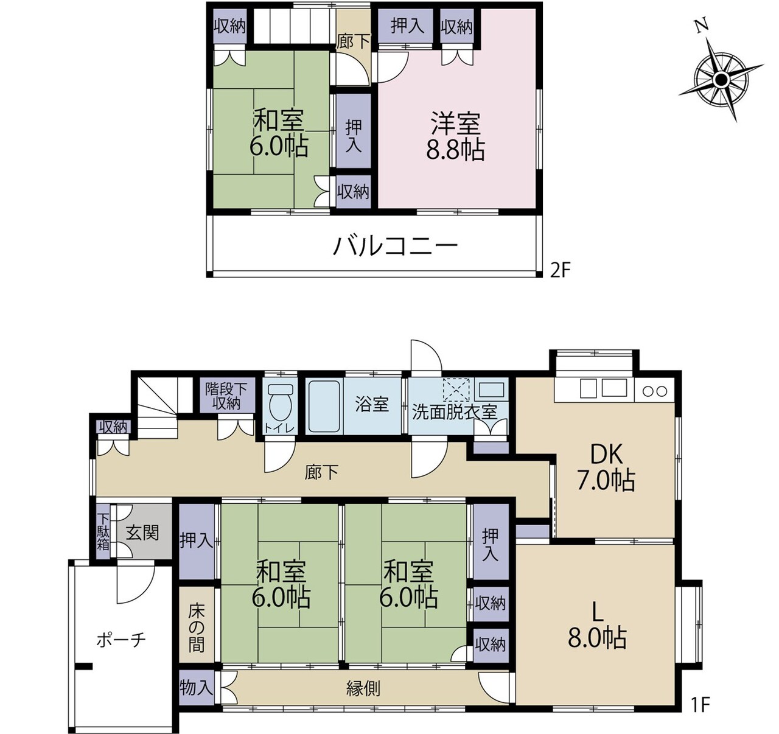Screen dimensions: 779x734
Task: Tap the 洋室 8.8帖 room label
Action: point(455,136)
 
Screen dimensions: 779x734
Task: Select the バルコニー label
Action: point(396,246)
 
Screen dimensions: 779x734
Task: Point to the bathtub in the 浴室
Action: point(324,406)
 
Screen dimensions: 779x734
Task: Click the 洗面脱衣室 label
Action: point(455,412)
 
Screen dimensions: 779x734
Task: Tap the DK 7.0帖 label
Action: point(606,467)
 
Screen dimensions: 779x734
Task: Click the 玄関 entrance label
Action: point(142,533)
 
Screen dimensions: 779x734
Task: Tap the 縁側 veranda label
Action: point(363,688)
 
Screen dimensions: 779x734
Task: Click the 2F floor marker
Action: point(560,270)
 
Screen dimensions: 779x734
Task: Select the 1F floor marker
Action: point(700,704)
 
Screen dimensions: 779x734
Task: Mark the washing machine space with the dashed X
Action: point(456,389)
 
